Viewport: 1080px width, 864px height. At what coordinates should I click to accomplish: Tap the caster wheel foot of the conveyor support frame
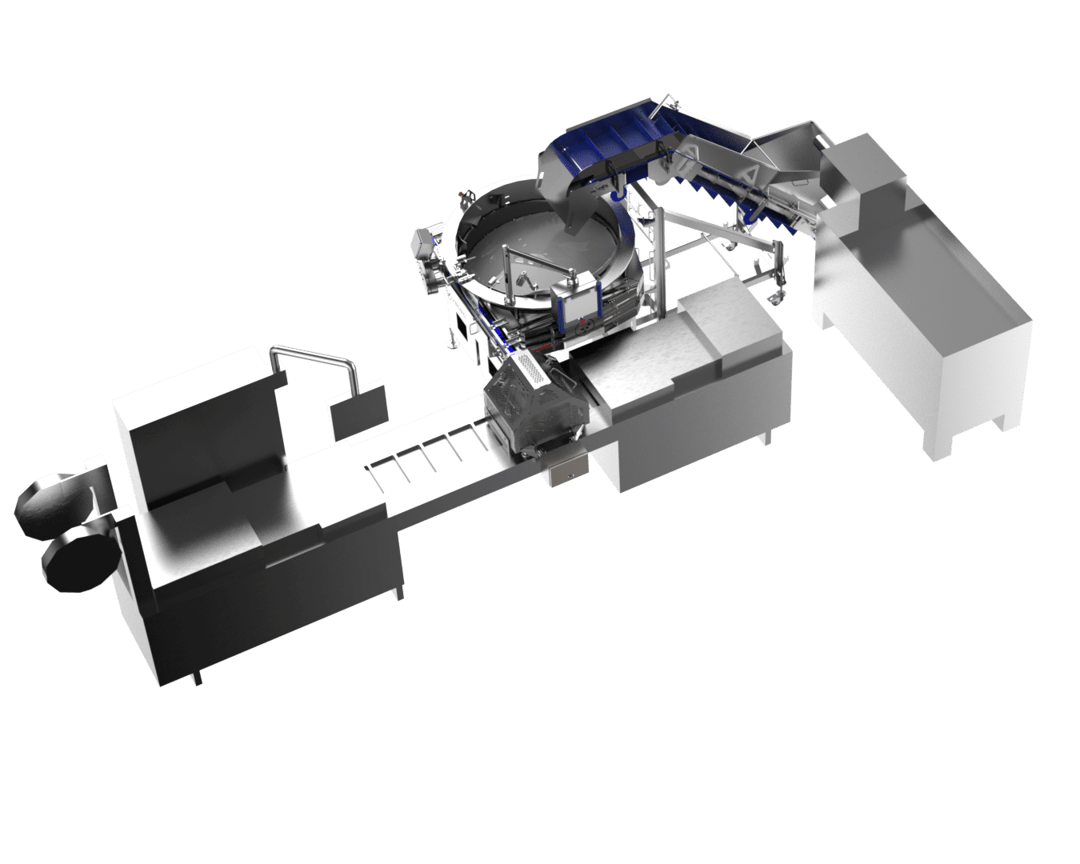coord(776,298)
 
